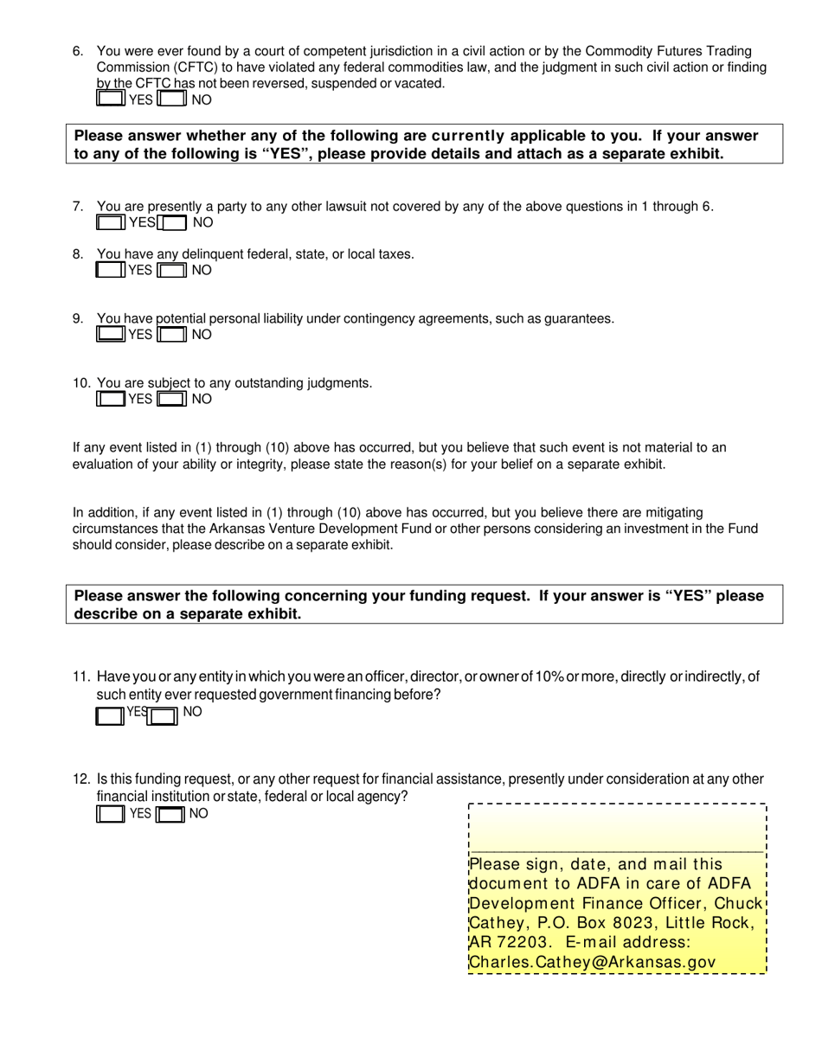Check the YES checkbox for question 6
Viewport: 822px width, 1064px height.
[x=110, y=99]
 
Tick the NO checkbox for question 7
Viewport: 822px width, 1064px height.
[x=174, y=223]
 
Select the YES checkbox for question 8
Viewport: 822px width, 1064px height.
[x=110, y=271]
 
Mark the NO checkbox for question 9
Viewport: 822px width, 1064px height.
[x=173, y=335]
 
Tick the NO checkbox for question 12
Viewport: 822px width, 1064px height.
[x=170, y=814]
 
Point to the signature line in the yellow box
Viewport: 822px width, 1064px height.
[x=616, y=851]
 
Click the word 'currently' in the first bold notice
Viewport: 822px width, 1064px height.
[x=467, y=136]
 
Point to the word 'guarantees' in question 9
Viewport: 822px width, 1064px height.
[x=579, y=318]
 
